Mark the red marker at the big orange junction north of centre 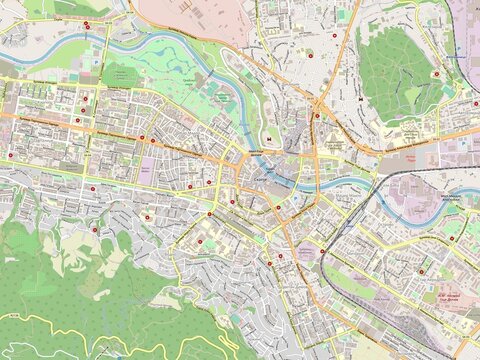pyautogui.click(x=317, y=115)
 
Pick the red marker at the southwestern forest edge pyautogui.click(x=96, y=230)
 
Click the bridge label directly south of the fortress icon pyautogui.click(x=257, y=151)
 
